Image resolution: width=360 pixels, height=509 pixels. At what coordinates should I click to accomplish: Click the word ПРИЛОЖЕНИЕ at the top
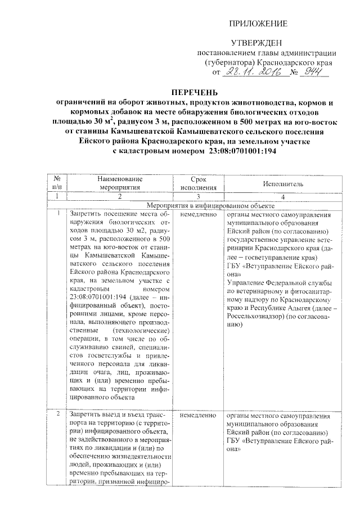[260, 24]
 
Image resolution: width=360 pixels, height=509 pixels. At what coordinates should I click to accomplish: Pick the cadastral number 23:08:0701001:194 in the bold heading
[236, 151]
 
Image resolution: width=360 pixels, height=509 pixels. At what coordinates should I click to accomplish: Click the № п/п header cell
[56, 183]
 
